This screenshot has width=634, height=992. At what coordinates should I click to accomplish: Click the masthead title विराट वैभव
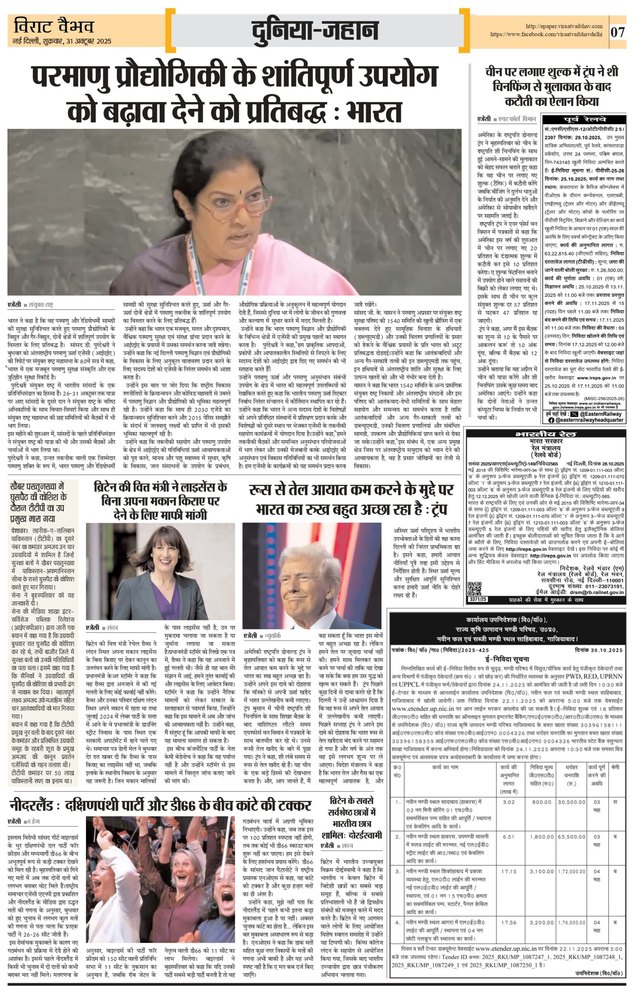coord(54,27)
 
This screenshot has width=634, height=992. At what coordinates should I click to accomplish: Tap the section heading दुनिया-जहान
coord(315,31)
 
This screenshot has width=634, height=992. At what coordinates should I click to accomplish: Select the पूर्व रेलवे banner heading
coord(585,119)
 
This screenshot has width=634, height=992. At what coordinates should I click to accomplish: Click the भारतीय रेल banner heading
coord(546,434)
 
